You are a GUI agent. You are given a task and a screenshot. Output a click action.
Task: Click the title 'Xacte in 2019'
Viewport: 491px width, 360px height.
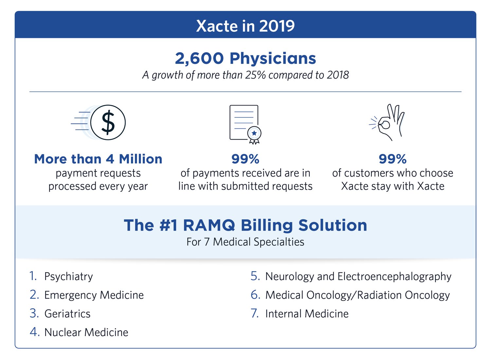(245, 26)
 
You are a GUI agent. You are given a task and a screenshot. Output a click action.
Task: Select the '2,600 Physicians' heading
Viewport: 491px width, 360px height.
(245, 58)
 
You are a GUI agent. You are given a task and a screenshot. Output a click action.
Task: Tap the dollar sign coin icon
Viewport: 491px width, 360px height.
(108, 123)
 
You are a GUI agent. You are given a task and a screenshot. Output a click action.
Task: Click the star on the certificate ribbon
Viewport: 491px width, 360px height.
(254, 133)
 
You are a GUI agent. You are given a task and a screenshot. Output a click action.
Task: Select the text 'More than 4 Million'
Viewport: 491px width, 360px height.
(98, 159)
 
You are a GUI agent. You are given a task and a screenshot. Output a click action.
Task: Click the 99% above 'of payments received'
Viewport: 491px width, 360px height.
(245, 159)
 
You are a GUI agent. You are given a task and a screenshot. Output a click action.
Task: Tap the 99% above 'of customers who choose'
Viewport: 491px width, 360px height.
(392, 159)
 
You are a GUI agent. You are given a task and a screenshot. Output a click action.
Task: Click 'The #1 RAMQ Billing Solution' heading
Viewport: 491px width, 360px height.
(245, 225)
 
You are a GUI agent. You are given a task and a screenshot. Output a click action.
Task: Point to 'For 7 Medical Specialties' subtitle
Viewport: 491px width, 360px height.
(245, 242)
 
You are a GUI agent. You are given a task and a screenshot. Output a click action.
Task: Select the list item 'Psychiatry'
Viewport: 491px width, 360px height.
(68, 276)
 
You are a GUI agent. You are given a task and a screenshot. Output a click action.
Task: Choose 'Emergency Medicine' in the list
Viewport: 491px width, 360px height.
(94, 295)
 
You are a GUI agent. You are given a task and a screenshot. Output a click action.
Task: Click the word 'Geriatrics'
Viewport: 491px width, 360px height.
(67, 314)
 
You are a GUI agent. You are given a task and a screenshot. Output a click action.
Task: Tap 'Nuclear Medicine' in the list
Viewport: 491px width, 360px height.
(86, 332)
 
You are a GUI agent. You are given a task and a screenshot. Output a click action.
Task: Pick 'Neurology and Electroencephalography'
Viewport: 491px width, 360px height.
(358, 276)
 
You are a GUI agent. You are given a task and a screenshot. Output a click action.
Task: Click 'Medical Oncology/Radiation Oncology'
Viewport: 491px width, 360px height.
(357, 295)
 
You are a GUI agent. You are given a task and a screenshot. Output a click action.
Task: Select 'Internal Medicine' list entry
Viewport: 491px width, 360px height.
(307, 314)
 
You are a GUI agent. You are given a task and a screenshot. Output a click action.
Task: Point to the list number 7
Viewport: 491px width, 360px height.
(255, 313)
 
